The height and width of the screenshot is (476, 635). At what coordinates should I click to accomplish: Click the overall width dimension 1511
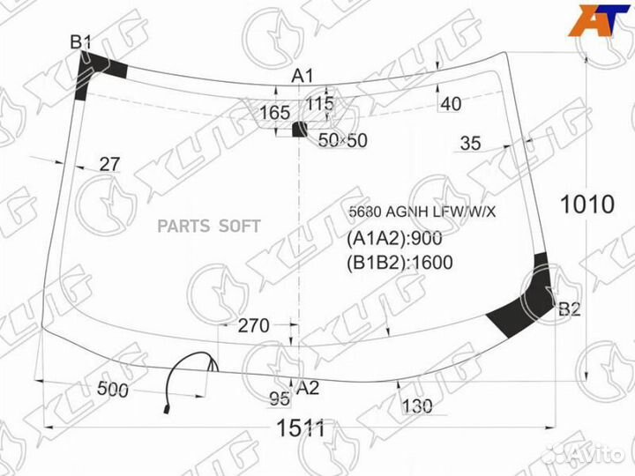coord(301,428)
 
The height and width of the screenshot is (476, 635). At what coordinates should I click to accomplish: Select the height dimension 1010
coord(587,205)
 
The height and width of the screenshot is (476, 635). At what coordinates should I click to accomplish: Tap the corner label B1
coord(80,41)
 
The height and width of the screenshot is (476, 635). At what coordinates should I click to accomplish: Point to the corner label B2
coord(570,309)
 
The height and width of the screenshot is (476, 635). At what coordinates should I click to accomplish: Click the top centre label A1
coord(303,76)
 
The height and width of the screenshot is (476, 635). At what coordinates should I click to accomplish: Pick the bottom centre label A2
coord(308,388)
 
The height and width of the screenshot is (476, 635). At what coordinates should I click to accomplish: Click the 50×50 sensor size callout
coord(342,140)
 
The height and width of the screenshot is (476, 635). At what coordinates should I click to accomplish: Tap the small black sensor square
coord(299,129)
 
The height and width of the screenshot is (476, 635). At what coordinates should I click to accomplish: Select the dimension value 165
coord(275,113)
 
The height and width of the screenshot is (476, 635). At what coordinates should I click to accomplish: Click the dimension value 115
coord(320,104)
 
